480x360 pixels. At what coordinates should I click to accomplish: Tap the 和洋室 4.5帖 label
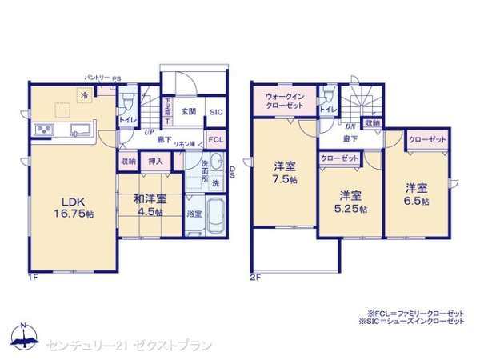150,206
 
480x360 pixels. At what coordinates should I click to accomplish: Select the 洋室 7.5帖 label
284,174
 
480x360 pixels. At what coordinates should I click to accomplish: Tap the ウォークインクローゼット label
284,102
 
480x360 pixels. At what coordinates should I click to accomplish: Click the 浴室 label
194,214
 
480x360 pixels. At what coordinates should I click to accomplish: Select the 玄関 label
190,112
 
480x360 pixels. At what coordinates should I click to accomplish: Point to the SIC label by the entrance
216,113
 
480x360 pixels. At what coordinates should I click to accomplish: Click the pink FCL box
216,139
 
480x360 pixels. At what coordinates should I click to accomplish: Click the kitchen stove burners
43,130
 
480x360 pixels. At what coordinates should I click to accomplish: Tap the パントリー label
98,78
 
